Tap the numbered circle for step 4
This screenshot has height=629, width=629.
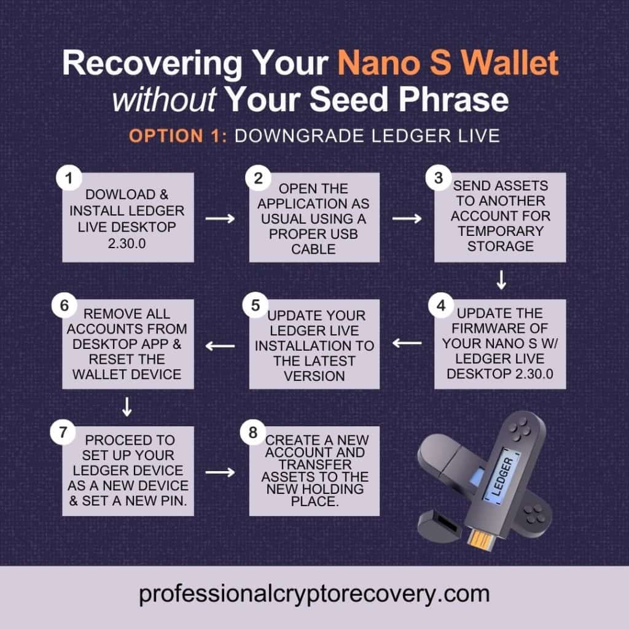(439, 305)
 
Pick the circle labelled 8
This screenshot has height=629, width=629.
(252, 434)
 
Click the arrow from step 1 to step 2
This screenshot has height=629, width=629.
(221, 218)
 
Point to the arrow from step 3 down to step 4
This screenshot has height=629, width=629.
(501, 281)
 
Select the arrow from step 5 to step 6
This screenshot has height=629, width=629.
(220, 346)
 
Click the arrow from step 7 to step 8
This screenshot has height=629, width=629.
(221, 472)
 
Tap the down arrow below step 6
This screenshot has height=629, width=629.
(127, 405)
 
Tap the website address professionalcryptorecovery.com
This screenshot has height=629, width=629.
(314, 594)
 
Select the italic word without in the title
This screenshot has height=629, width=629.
(163, 100)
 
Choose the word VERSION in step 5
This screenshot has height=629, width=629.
(314, 375)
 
